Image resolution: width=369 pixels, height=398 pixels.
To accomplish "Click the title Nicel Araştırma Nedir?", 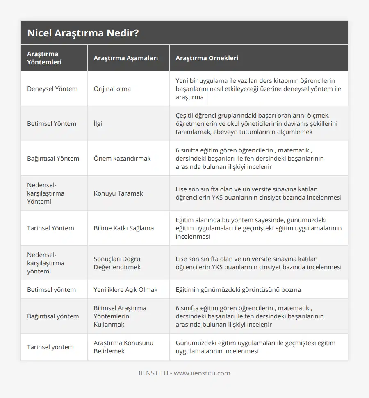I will tap(82, 33).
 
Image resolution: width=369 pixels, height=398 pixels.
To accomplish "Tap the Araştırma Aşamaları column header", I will tap(125, 58).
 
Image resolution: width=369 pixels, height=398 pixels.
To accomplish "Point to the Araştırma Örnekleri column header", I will tap(207, 58).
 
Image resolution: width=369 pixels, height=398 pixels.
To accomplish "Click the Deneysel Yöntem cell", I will tap(52, 89).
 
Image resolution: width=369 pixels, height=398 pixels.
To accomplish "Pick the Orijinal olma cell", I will tap(112, 89).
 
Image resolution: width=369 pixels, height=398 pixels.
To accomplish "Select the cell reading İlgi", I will tap(98, 123).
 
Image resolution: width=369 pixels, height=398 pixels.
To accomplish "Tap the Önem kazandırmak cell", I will tap(122, 158).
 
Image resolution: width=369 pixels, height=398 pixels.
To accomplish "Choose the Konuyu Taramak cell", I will tap(118, 193).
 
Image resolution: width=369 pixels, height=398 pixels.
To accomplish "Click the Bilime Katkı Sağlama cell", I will tap(123, 228).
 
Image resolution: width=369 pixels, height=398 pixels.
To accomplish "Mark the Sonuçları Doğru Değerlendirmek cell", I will tap(117, 263).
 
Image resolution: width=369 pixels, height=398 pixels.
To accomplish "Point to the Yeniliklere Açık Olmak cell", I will tap(125, 289).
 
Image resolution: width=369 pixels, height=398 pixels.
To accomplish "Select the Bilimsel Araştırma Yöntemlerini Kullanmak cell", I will tap(120, 316).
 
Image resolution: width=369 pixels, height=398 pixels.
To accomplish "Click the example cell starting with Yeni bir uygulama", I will tap(258, 89).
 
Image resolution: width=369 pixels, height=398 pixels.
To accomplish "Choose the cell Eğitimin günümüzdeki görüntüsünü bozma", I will tap(238, 289).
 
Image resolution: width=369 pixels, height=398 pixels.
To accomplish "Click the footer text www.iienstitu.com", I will tap(202, 373).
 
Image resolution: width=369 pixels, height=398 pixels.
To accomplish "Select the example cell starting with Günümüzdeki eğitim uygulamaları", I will tap(255, 347).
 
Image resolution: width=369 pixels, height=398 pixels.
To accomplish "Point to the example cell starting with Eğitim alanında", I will tap(258, 228).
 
